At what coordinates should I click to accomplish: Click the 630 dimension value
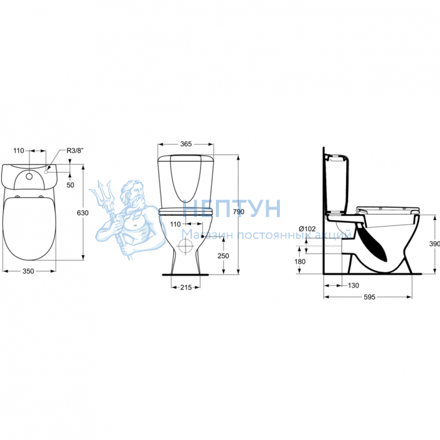(x=83, y=213)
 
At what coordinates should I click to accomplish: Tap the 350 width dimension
(x=28, y=271)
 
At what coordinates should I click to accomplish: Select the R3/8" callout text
(x=75, y=151)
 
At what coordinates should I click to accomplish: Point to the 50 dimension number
(x=70, y=185)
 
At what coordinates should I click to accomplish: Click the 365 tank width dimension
(x=186, y=144)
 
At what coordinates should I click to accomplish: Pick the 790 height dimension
(x=239, y=212)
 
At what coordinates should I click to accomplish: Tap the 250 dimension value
(x=223, y=256)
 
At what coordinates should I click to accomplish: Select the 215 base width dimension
(x=186, y=287)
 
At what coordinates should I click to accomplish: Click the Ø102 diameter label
(x=307, y=229)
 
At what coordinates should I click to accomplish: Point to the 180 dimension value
(x=300, y=262)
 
